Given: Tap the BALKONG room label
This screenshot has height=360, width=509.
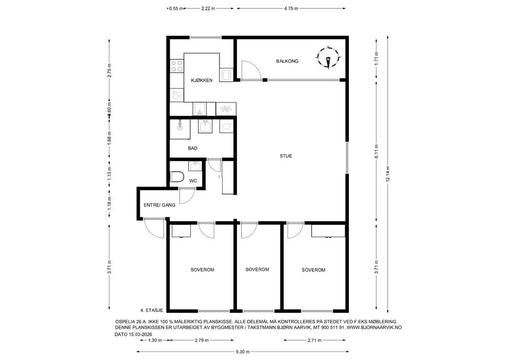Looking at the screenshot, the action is (x=287, y=61).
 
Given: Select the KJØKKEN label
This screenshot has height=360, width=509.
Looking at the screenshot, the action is (x=201, y=81).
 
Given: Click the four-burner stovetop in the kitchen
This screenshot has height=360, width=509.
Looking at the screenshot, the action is (x=177, y=66).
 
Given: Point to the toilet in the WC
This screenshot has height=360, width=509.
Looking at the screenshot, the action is (x=177, y=177).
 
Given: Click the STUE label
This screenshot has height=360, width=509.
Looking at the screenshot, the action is (x=286, y=156).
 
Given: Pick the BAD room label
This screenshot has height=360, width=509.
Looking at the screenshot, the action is (x=192, y=148).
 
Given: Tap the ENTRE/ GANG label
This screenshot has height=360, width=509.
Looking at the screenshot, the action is (x=160, y=205).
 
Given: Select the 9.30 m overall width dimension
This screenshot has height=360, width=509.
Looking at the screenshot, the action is (x=242, y=352).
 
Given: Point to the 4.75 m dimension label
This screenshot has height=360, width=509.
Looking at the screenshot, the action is (x=291, y=9).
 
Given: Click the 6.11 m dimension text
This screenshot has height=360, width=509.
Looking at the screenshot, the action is (x=376, y=152).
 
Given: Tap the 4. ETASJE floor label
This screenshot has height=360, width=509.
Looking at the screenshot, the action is (x=152, y=310).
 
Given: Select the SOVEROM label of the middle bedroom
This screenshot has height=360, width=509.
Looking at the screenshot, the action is (x=257, y=269).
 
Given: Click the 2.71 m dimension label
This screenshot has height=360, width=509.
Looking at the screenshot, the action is (x=314, y=340).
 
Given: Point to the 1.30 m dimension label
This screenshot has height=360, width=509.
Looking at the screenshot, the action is (x=155, y=340).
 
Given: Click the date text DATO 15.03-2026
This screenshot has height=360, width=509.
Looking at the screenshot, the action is (x=134, y=335).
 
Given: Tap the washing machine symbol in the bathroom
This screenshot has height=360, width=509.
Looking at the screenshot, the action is (x=226, y=126).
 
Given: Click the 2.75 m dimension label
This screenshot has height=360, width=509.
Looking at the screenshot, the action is (x=110, y=71).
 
